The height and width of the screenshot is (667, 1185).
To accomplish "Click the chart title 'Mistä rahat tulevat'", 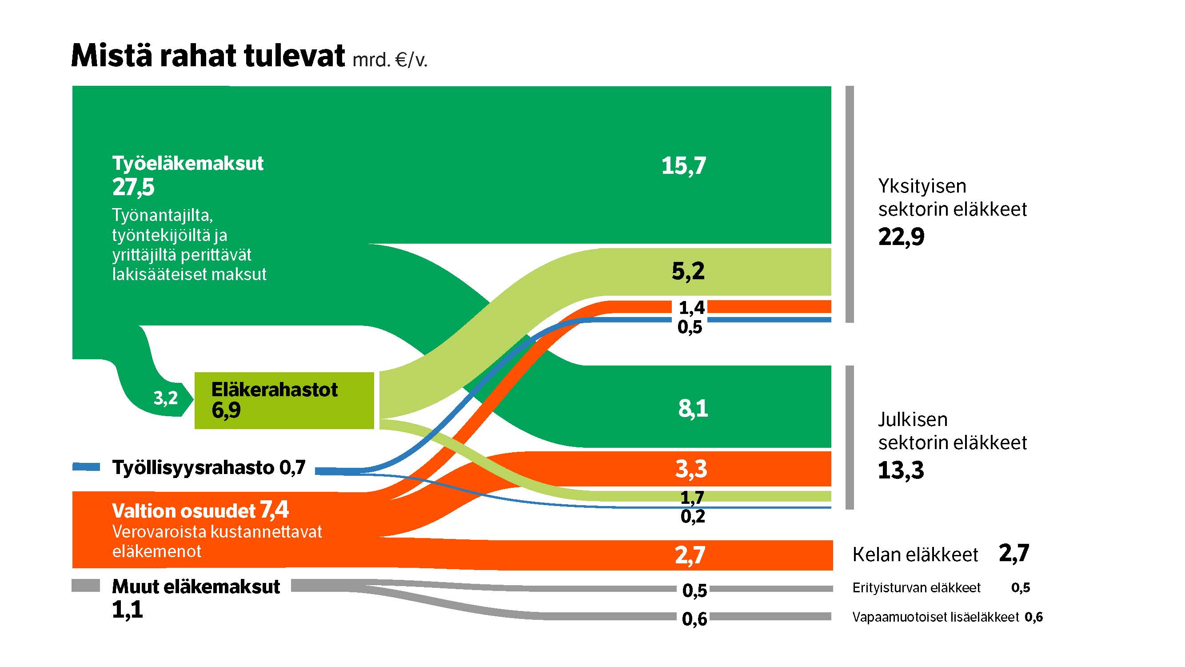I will [x=208, y=56].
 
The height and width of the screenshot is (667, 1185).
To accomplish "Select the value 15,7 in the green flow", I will [x=683, y=166].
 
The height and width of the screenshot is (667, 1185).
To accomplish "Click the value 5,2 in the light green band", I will [x=688, y=271].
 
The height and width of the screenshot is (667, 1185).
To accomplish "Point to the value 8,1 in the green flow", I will [x=693, y=408].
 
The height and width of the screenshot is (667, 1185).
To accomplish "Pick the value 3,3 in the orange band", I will [x=691, y=469].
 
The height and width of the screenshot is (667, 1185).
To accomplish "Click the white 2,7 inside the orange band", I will [x=690, y=555].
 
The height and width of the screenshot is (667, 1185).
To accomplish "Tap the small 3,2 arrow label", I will [x=166, y=398].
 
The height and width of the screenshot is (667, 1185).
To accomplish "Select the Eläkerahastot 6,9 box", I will [x=284, y=401].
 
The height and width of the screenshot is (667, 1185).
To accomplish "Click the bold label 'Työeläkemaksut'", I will [x=188, y=163].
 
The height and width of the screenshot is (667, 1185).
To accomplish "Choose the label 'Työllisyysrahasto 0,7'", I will [x=209, y=468].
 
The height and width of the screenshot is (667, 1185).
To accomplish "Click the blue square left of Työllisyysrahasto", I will [x=86, y=467].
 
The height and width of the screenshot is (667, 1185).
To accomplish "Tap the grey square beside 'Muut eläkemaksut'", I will [x=86, y=586].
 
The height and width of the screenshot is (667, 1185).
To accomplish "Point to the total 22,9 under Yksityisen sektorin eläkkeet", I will [x=901, y=237].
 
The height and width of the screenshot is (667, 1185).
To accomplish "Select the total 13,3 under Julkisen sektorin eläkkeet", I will [x=901, y=470].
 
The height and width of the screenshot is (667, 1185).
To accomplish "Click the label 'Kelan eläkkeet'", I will [x=915, y=554].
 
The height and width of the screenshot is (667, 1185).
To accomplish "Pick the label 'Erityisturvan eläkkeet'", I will [x=916, y=588].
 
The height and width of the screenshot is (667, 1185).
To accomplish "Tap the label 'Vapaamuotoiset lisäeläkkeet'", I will [x=935, y=617].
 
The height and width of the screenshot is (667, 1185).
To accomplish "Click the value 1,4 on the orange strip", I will [x=691, y=307].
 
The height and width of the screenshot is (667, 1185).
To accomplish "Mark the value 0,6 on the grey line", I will [x=694, y=619].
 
